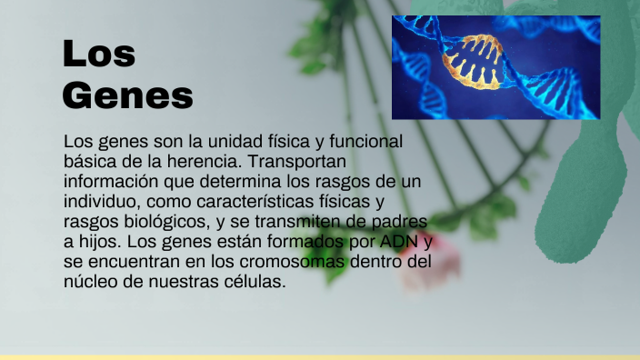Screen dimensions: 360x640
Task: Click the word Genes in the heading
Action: pos(127,95)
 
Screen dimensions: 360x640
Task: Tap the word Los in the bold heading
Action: pos(99,55)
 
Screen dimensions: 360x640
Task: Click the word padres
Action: pos(404,222)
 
